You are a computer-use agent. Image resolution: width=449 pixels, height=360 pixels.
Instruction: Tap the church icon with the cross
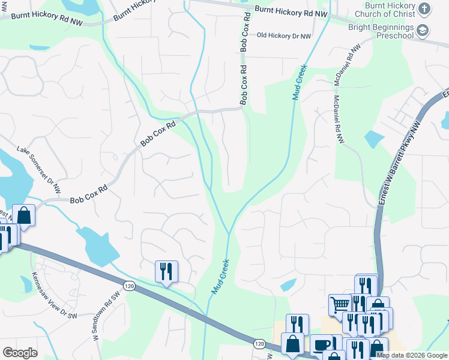click(x=424, y=8)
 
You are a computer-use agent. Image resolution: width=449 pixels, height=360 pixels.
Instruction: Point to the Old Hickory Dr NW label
click(x=283, y=37)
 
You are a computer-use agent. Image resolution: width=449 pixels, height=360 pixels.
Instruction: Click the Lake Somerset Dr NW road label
click(x=39, y=169)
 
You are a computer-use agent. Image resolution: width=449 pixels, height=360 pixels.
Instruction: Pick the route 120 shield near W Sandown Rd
click(x=129, y=286)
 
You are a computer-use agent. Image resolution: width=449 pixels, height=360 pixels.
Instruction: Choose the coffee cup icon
click(x=321, y=344)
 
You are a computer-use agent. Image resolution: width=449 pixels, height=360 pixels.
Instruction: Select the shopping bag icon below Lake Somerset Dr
click(x=24, y=215)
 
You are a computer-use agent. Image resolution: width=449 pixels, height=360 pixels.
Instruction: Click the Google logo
click(x=20, y=353)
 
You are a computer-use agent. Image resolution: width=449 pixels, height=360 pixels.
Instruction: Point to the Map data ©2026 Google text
click(x=411, y=355)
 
